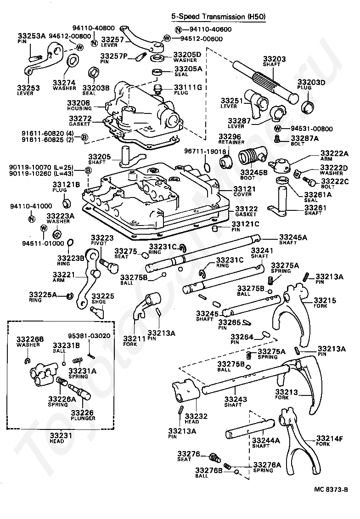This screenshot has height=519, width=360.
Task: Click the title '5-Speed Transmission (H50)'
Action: [x=219, y=16]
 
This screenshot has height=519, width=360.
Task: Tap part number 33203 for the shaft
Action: [x=274, y=59]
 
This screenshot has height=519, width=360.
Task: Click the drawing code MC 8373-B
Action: [x=331, y=490]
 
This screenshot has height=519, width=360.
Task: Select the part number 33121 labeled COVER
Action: [x=245, y=189]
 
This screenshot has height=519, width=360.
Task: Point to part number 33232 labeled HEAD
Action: [x=196, y=416]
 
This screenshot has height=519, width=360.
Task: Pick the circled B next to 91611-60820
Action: [x=84, y=137]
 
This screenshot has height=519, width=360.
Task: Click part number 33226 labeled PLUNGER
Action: [x=82, y=412]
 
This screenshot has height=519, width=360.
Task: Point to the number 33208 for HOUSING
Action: [x=79, y=103]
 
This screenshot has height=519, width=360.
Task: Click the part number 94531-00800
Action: [x=312, y=129]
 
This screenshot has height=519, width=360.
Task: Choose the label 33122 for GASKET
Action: [x=247, y=209]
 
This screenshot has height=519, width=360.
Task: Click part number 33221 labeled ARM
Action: [x=64, y=275]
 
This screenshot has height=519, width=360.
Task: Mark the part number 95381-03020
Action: [x=90, y=336]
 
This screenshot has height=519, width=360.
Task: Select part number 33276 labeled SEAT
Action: [x=189, y=454]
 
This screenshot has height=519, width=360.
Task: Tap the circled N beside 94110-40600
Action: [x=179, y=29]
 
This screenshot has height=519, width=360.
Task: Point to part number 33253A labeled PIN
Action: [x=31, y=36]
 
